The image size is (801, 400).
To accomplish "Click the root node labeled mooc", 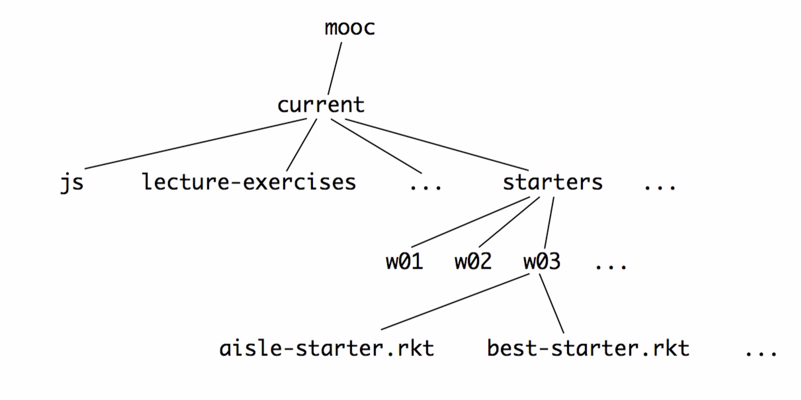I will pos(350,28).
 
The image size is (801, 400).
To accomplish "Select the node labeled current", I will pos(321,105).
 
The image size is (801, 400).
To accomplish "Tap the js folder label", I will pos(72,183).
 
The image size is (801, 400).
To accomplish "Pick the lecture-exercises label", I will pos(248,182).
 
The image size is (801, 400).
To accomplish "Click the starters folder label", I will pos(553,182).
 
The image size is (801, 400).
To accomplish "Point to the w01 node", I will pos(404,262).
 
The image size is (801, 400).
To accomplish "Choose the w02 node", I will pos(473,262).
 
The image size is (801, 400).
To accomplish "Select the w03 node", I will pos(542,262).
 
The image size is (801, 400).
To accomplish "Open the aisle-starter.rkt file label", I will pos(327,348).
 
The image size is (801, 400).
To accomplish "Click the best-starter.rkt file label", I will pos(588,348).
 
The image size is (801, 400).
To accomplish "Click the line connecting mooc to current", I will pos(334,68).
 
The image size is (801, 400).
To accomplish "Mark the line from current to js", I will pos(195,143).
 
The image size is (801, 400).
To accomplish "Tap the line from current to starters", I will pos(436,144).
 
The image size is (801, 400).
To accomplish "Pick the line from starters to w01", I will pos(471,222).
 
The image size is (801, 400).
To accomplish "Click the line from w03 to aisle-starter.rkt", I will pos(455,302).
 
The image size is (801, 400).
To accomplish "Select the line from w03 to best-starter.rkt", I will pos(551,303).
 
